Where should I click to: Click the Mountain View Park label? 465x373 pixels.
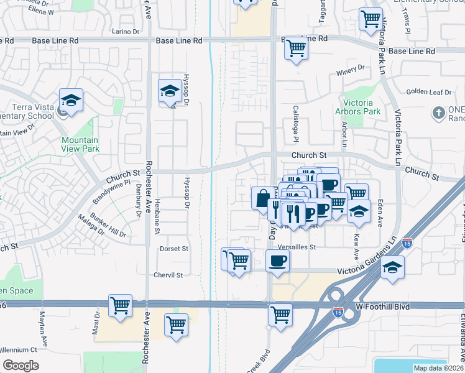click(80, 145)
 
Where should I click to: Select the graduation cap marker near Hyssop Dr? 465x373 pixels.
click(169, 91)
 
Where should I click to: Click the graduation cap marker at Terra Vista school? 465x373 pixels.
click(71, 99)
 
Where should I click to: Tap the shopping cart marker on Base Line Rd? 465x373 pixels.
click(297, 47)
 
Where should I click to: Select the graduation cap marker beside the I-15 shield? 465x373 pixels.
click(392, 269)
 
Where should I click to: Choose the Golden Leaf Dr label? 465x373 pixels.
click(428, 92)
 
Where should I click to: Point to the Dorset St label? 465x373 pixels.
click(175, 249)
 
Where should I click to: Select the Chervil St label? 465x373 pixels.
click(169, 275)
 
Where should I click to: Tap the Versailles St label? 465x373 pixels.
click(297, 247)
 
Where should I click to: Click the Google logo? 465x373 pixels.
click(21, 366)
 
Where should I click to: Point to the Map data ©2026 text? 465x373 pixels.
click(439, 368)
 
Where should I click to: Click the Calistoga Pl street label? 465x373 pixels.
click(296, 121)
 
